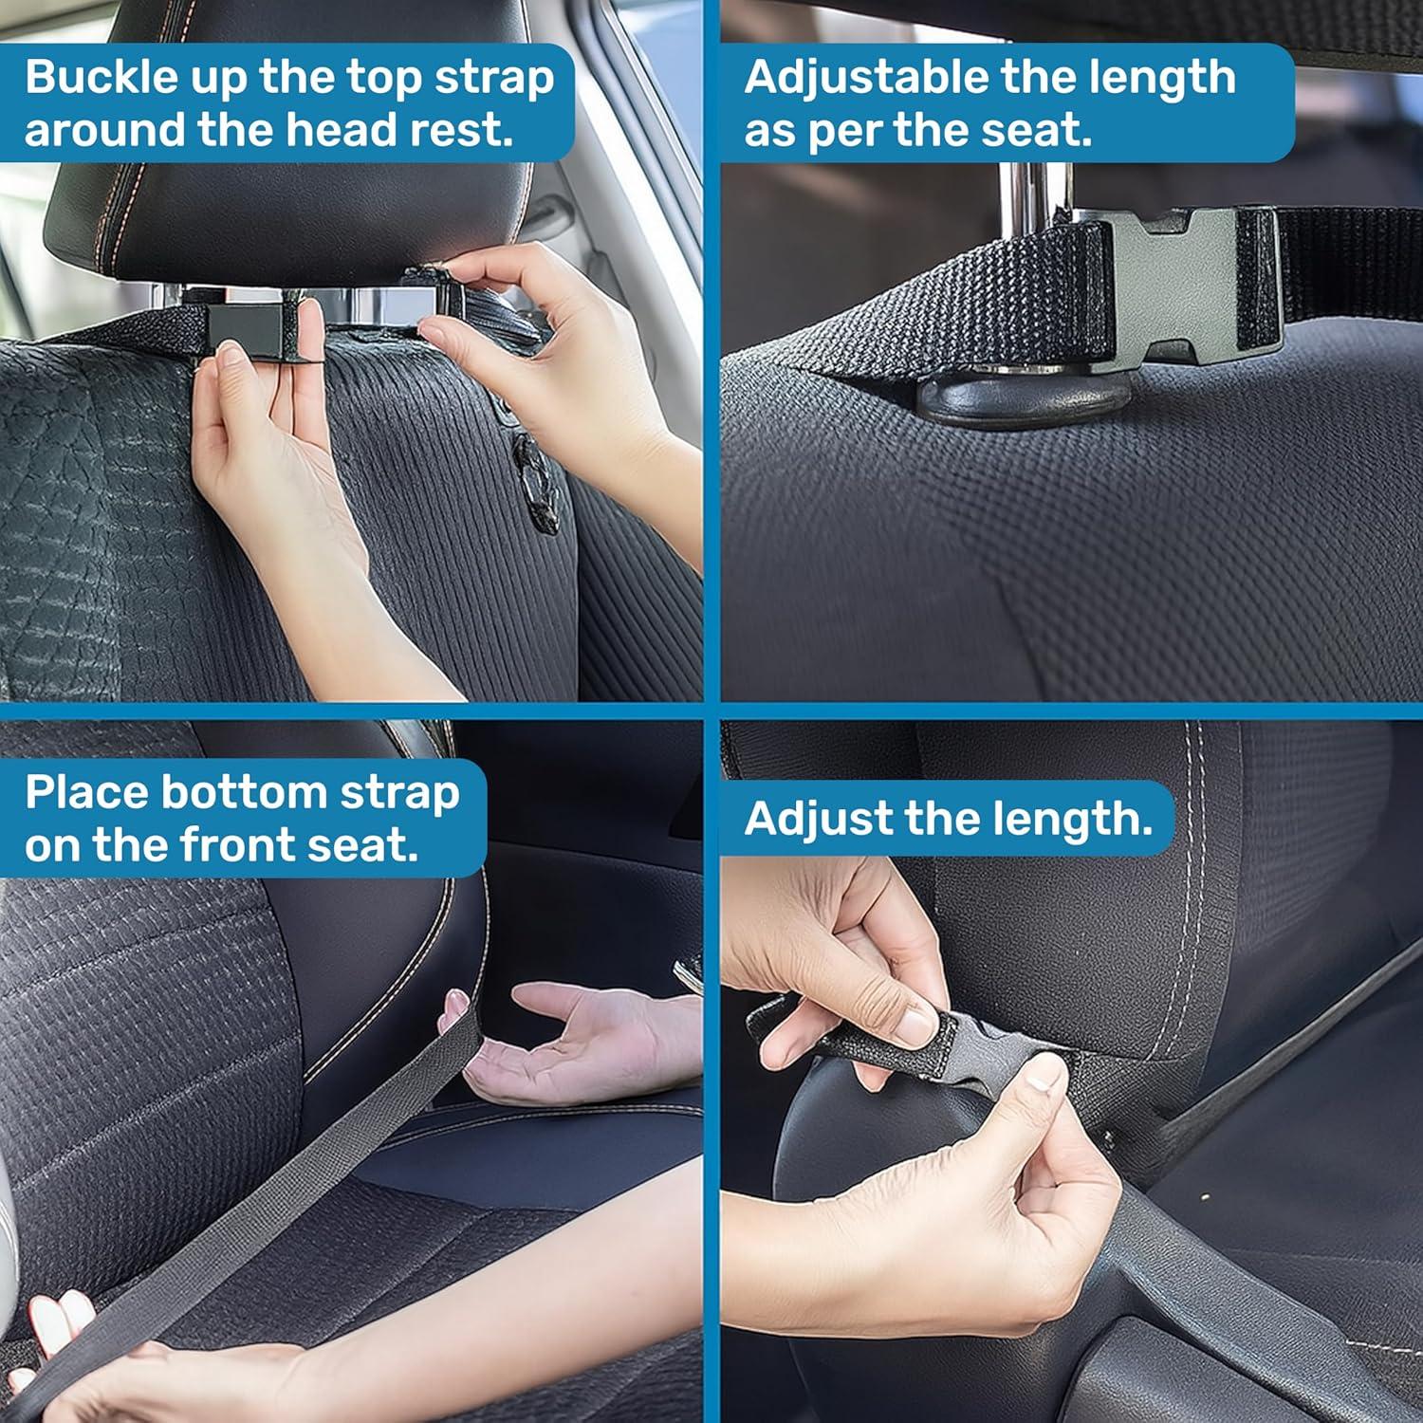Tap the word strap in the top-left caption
pyautogui.click(x=494, y=79)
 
